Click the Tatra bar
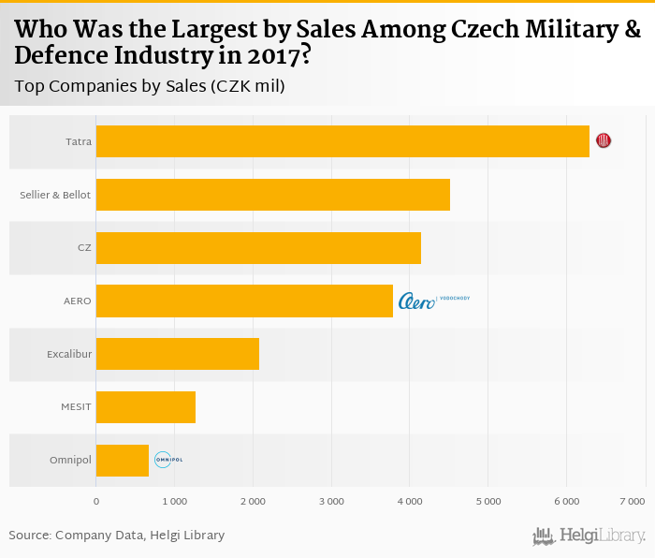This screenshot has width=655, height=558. [x=342, y=141]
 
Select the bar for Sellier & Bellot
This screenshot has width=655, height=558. [x=272, y=195]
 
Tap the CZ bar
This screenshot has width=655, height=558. [x=258, y=248]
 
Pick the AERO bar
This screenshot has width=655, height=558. [x=244, y=301]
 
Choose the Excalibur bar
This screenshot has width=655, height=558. [x=177, y=355]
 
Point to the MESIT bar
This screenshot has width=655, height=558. [x=145, y=407]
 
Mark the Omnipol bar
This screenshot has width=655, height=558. [x=122, y=461]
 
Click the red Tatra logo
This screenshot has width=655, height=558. [x=604, y=140]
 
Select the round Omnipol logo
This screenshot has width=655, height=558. [x=167, y=460]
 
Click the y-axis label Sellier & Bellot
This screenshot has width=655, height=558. [x=55, y=195]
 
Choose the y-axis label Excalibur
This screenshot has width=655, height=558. [x=68, y=355]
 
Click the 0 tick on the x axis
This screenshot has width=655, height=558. [x=96, y=503]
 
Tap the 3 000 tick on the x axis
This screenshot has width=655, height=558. [x=331, y=503]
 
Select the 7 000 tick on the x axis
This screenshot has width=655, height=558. [x=632, y=503]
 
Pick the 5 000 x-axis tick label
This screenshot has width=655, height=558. [x=488, y=503]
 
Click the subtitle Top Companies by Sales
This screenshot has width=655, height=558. [x=150, y=86]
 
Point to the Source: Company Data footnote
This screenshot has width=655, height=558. [x=117, y=536]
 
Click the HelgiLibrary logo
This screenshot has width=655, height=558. [x=589, y=536]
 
